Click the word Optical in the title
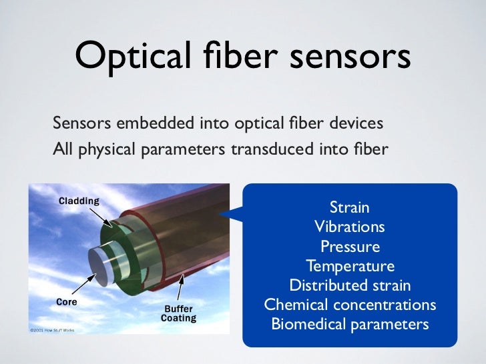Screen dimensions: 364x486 click(x=128, y=57)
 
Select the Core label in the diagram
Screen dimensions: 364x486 click(x=67, y=301)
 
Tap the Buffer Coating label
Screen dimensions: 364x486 click(x=178, y=313)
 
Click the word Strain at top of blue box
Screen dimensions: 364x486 click(x=349, y=208)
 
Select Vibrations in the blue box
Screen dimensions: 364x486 click(x=349, y=227)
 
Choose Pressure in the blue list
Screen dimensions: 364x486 click(x=350, y=247)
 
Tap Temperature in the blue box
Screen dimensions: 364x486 click(x=350, y=267)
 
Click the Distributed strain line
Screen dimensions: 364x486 click(x=350, y=286)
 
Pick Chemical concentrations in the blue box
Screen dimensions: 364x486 click(x=350, y=305)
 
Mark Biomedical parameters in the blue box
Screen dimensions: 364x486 click(x=350, y=325)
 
